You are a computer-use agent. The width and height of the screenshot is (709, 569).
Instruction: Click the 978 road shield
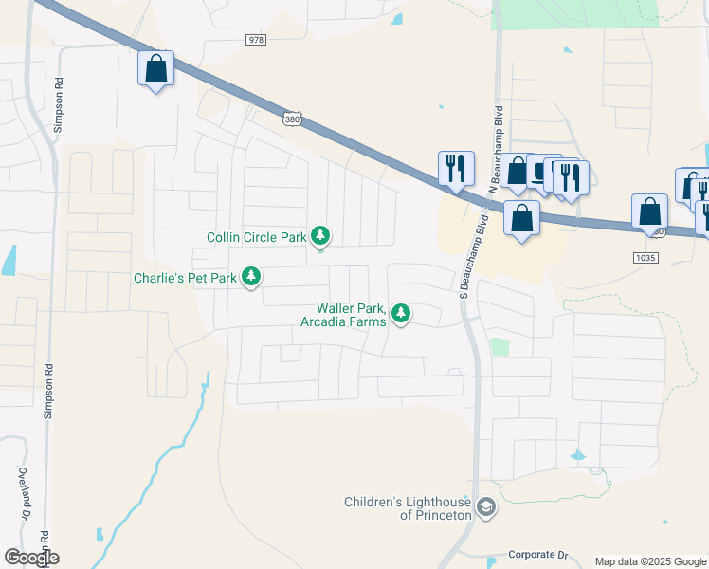(x=255, y=40)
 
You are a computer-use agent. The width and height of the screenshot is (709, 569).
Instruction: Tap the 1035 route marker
(x=645, y=257)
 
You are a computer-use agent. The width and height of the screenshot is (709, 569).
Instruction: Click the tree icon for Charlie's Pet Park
(x=251, y=276)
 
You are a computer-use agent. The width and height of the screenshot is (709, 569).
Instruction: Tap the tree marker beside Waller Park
(x=401, y=312)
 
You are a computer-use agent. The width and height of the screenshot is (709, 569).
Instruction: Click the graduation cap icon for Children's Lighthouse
(x=486, y=508)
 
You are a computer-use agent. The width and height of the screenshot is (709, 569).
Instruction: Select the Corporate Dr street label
(x=536, y=554)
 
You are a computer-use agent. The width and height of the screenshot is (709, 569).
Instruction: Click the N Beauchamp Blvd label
(x=496, y=152)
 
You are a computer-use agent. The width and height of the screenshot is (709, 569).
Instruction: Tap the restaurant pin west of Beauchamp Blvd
(x=456, y=168)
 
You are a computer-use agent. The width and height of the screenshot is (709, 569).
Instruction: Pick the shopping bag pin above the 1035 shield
(x=649, y=211)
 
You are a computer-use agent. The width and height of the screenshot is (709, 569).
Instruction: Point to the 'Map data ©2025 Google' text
(x=649, y=561)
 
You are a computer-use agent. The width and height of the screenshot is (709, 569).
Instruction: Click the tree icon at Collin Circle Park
(x=321, y=235)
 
